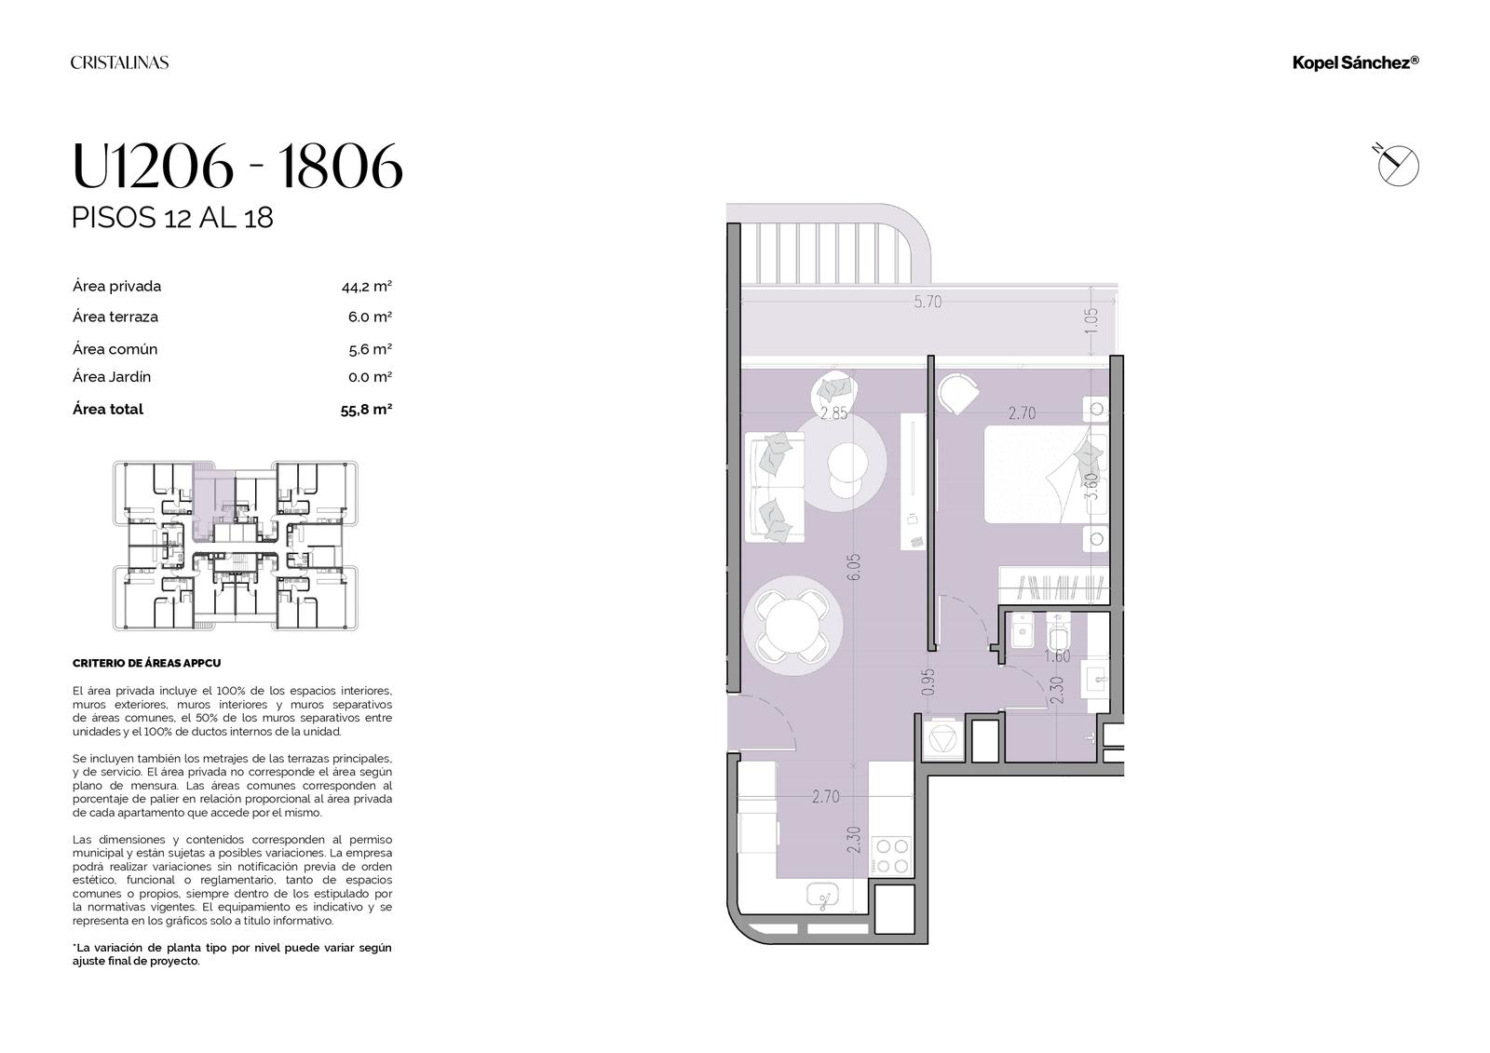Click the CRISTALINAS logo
120,62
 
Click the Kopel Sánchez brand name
1356,62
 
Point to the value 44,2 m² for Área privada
367,287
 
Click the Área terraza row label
115,317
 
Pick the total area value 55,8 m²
366,410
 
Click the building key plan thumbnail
236,546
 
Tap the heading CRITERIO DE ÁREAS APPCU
146,663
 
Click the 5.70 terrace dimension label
928,302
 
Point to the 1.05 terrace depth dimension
1090,321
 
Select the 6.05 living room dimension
854,567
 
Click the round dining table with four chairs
792,626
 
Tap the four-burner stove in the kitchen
892,856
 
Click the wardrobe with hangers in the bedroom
1054,586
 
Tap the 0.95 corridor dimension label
928,682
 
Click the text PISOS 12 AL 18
172,218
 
